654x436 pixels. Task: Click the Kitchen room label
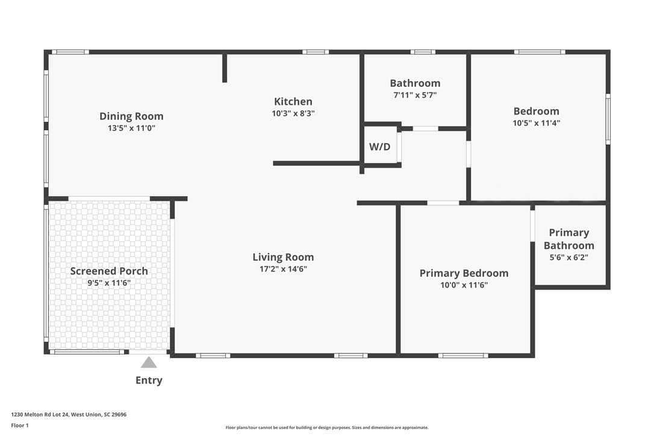(x=293, y=101)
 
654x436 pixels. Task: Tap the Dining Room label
(x=131, y=116)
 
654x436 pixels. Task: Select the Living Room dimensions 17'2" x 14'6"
(x=283, y=269)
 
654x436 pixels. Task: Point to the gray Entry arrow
(x=149, y=362)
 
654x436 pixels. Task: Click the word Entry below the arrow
(x=149, y=381)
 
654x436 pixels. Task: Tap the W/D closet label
(x=379, y=147)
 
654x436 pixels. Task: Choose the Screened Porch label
(x=109, y=271)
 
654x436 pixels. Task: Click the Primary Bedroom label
(x=464, y=273)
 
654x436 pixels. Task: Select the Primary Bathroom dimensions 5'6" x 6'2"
(x=569, y=257)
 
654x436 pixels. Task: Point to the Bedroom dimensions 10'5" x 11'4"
(x=537, y=123)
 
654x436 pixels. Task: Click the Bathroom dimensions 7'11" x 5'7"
(x=415, y=95)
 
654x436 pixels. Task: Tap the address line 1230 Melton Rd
(x=69, y=415)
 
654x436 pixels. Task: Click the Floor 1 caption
(x=20, y=426)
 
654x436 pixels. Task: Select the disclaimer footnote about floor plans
(x=327, y=428)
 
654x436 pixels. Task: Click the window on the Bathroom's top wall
(x=423, y=52)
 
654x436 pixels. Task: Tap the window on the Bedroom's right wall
(x=608, y=119)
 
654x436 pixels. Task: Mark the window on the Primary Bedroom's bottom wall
(x=463, y=356)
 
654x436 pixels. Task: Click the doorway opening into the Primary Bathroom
(x=532, y=226)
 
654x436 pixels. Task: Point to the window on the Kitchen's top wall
(x=316, y=52)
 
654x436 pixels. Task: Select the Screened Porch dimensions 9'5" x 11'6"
(x=109, y=283)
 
